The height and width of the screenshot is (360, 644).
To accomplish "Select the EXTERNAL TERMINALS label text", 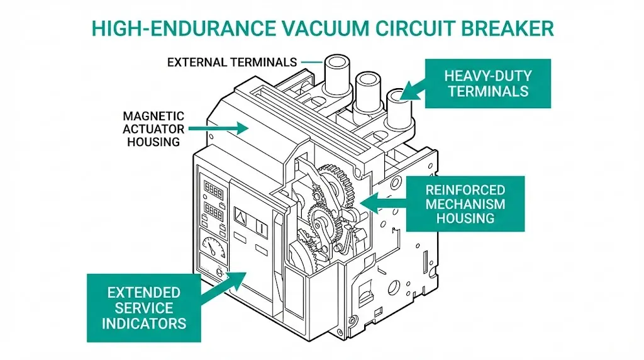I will coord(232,62).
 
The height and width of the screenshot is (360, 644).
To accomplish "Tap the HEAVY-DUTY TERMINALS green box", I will coord(487,83).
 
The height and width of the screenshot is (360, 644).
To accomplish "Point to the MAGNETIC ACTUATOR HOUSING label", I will coord(153,129).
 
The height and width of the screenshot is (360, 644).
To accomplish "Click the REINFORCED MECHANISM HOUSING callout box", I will coord(465,203).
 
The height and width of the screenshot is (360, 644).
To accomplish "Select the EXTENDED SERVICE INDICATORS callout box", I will coord(144,307).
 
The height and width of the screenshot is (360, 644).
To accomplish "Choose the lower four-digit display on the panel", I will coord(213,211).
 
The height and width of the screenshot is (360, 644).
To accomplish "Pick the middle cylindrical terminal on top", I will coord(367,87).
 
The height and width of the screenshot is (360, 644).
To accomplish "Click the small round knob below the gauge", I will coord(219,273).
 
